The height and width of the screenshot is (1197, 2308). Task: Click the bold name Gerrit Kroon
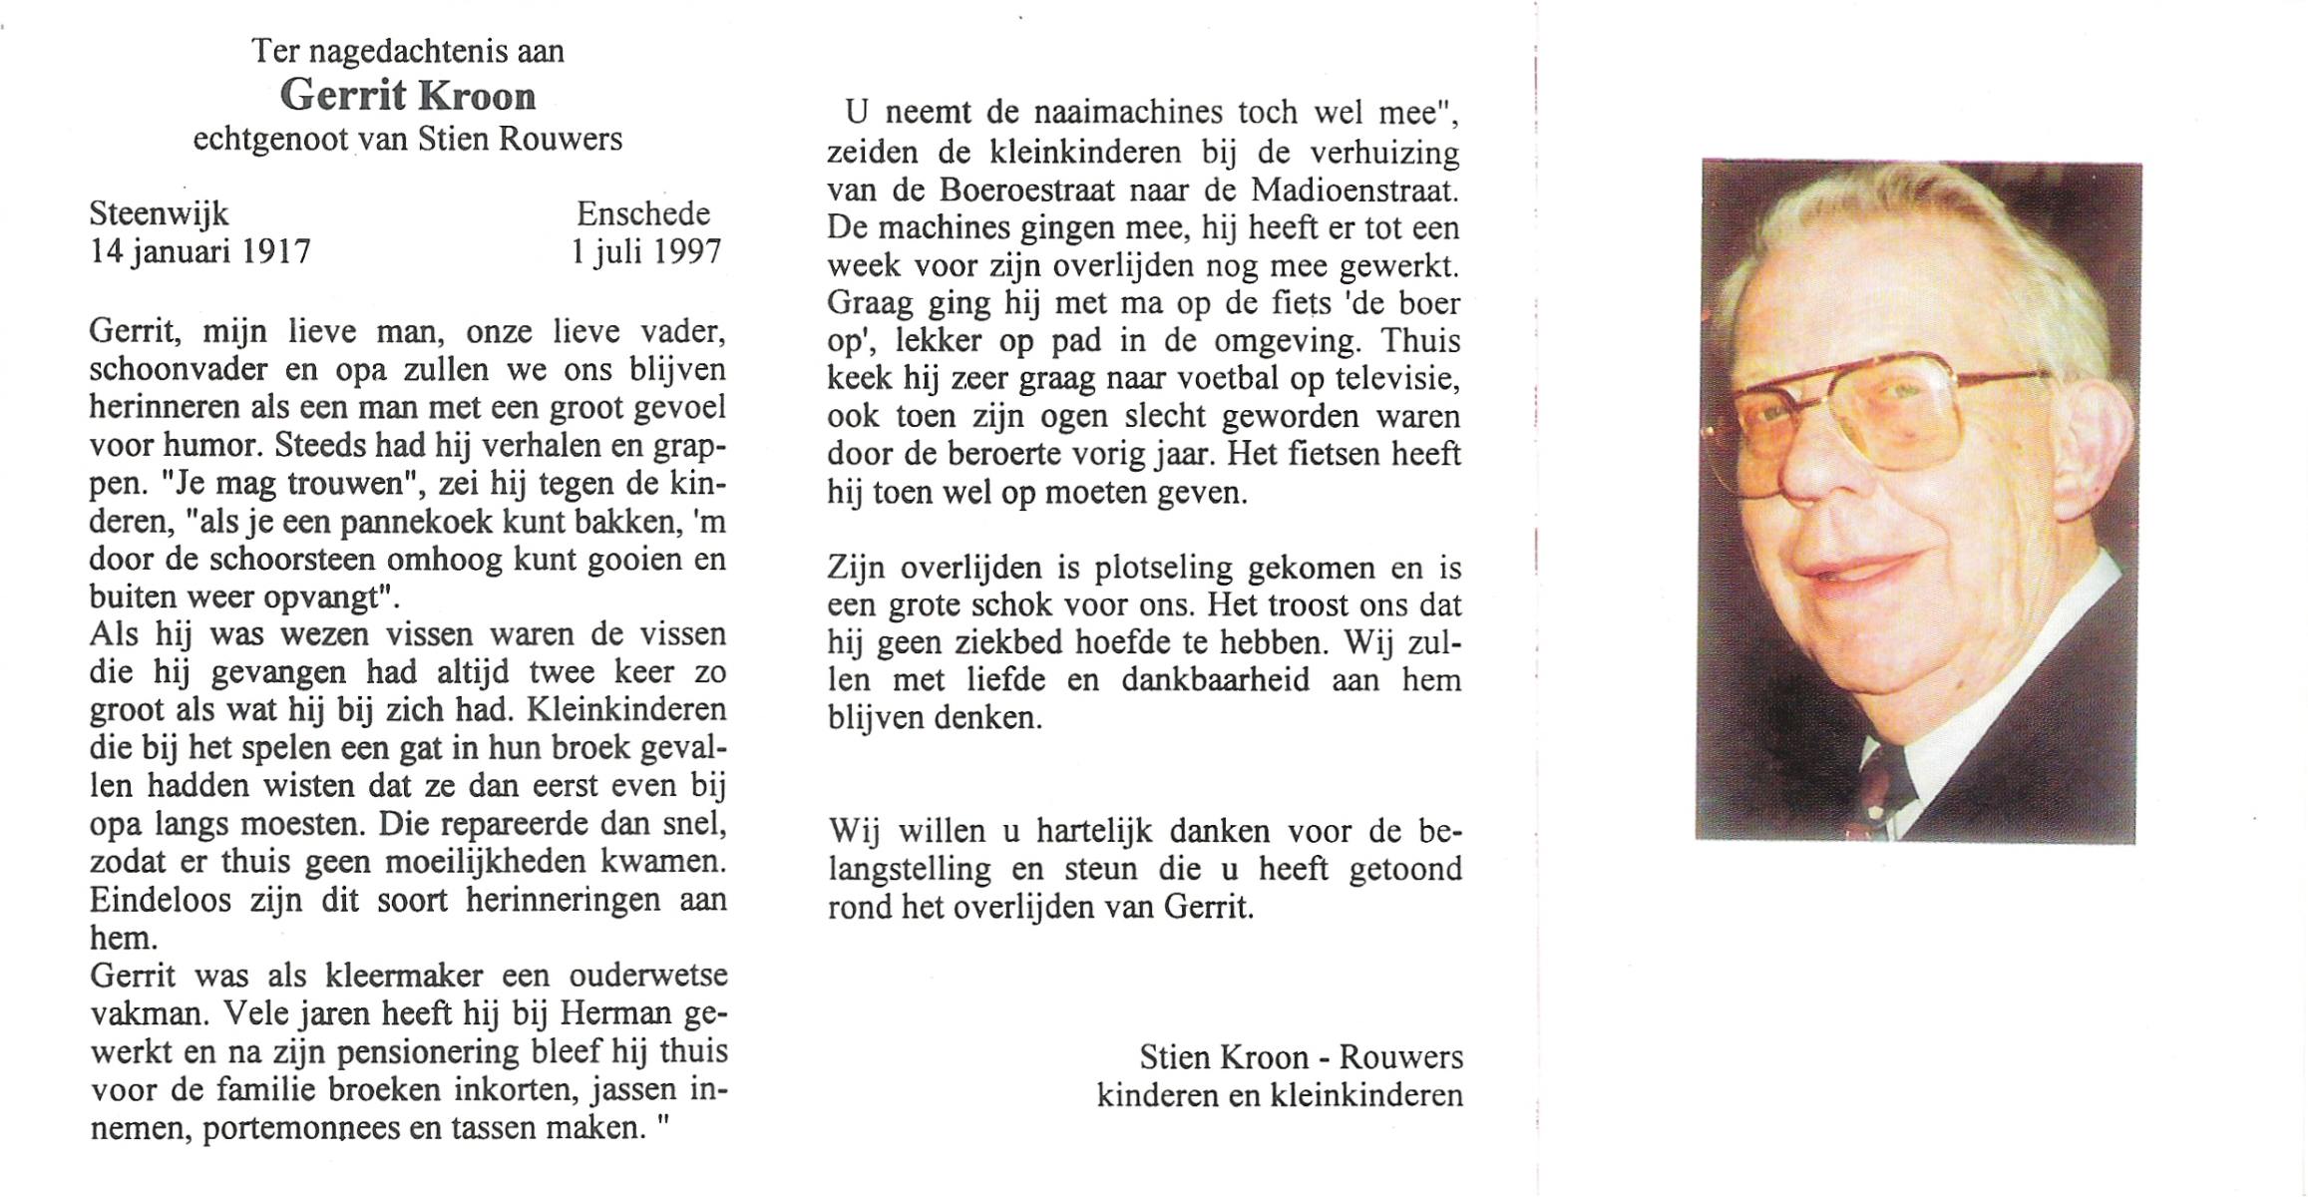(408, 96)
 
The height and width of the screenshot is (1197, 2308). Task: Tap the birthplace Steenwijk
(159, 213)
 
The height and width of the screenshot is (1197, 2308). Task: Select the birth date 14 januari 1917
(199, 250)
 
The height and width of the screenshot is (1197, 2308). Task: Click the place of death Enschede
(643, 213)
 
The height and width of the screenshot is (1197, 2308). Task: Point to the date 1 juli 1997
(645, 250)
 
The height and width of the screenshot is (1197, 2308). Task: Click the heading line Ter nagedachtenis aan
(408, 51)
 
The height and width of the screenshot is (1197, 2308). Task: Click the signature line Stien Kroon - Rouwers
(1301, 1057)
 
